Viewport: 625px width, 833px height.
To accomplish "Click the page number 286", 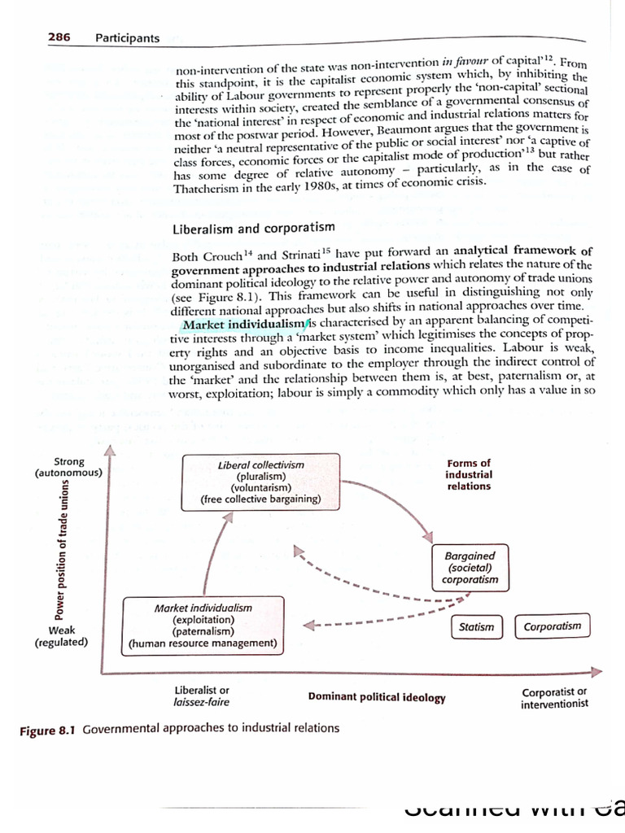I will pyautogui.click(x=59, y=37).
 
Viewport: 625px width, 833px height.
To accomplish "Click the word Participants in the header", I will pyautogui.click(x=127, y=37).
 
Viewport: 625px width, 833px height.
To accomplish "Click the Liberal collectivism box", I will pyautogui.click(x=261, y=482).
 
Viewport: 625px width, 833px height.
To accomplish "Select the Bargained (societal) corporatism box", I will pyautogui.click(x=470, y=568).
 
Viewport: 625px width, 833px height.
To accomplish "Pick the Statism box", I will pyautogui.click(x=476, y=626).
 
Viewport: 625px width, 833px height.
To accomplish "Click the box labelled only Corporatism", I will pyautogui.click(x=553, y=626).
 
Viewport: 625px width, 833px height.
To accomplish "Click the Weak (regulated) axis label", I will pyautogui.click(x=62, y=635).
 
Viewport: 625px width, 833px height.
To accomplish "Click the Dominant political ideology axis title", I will pyautogui.click(x=377, y=697).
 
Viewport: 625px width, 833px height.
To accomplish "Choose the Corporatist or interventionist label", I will pyautogui.click(x=554, y=697).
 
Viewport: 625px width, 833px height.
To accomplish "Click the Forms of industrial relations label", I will pyautogui.click(x=469, y=474).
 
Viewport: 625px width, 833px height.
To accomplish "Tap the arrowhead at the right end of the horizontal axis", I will pyautogui.click(x=597, y=671).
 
